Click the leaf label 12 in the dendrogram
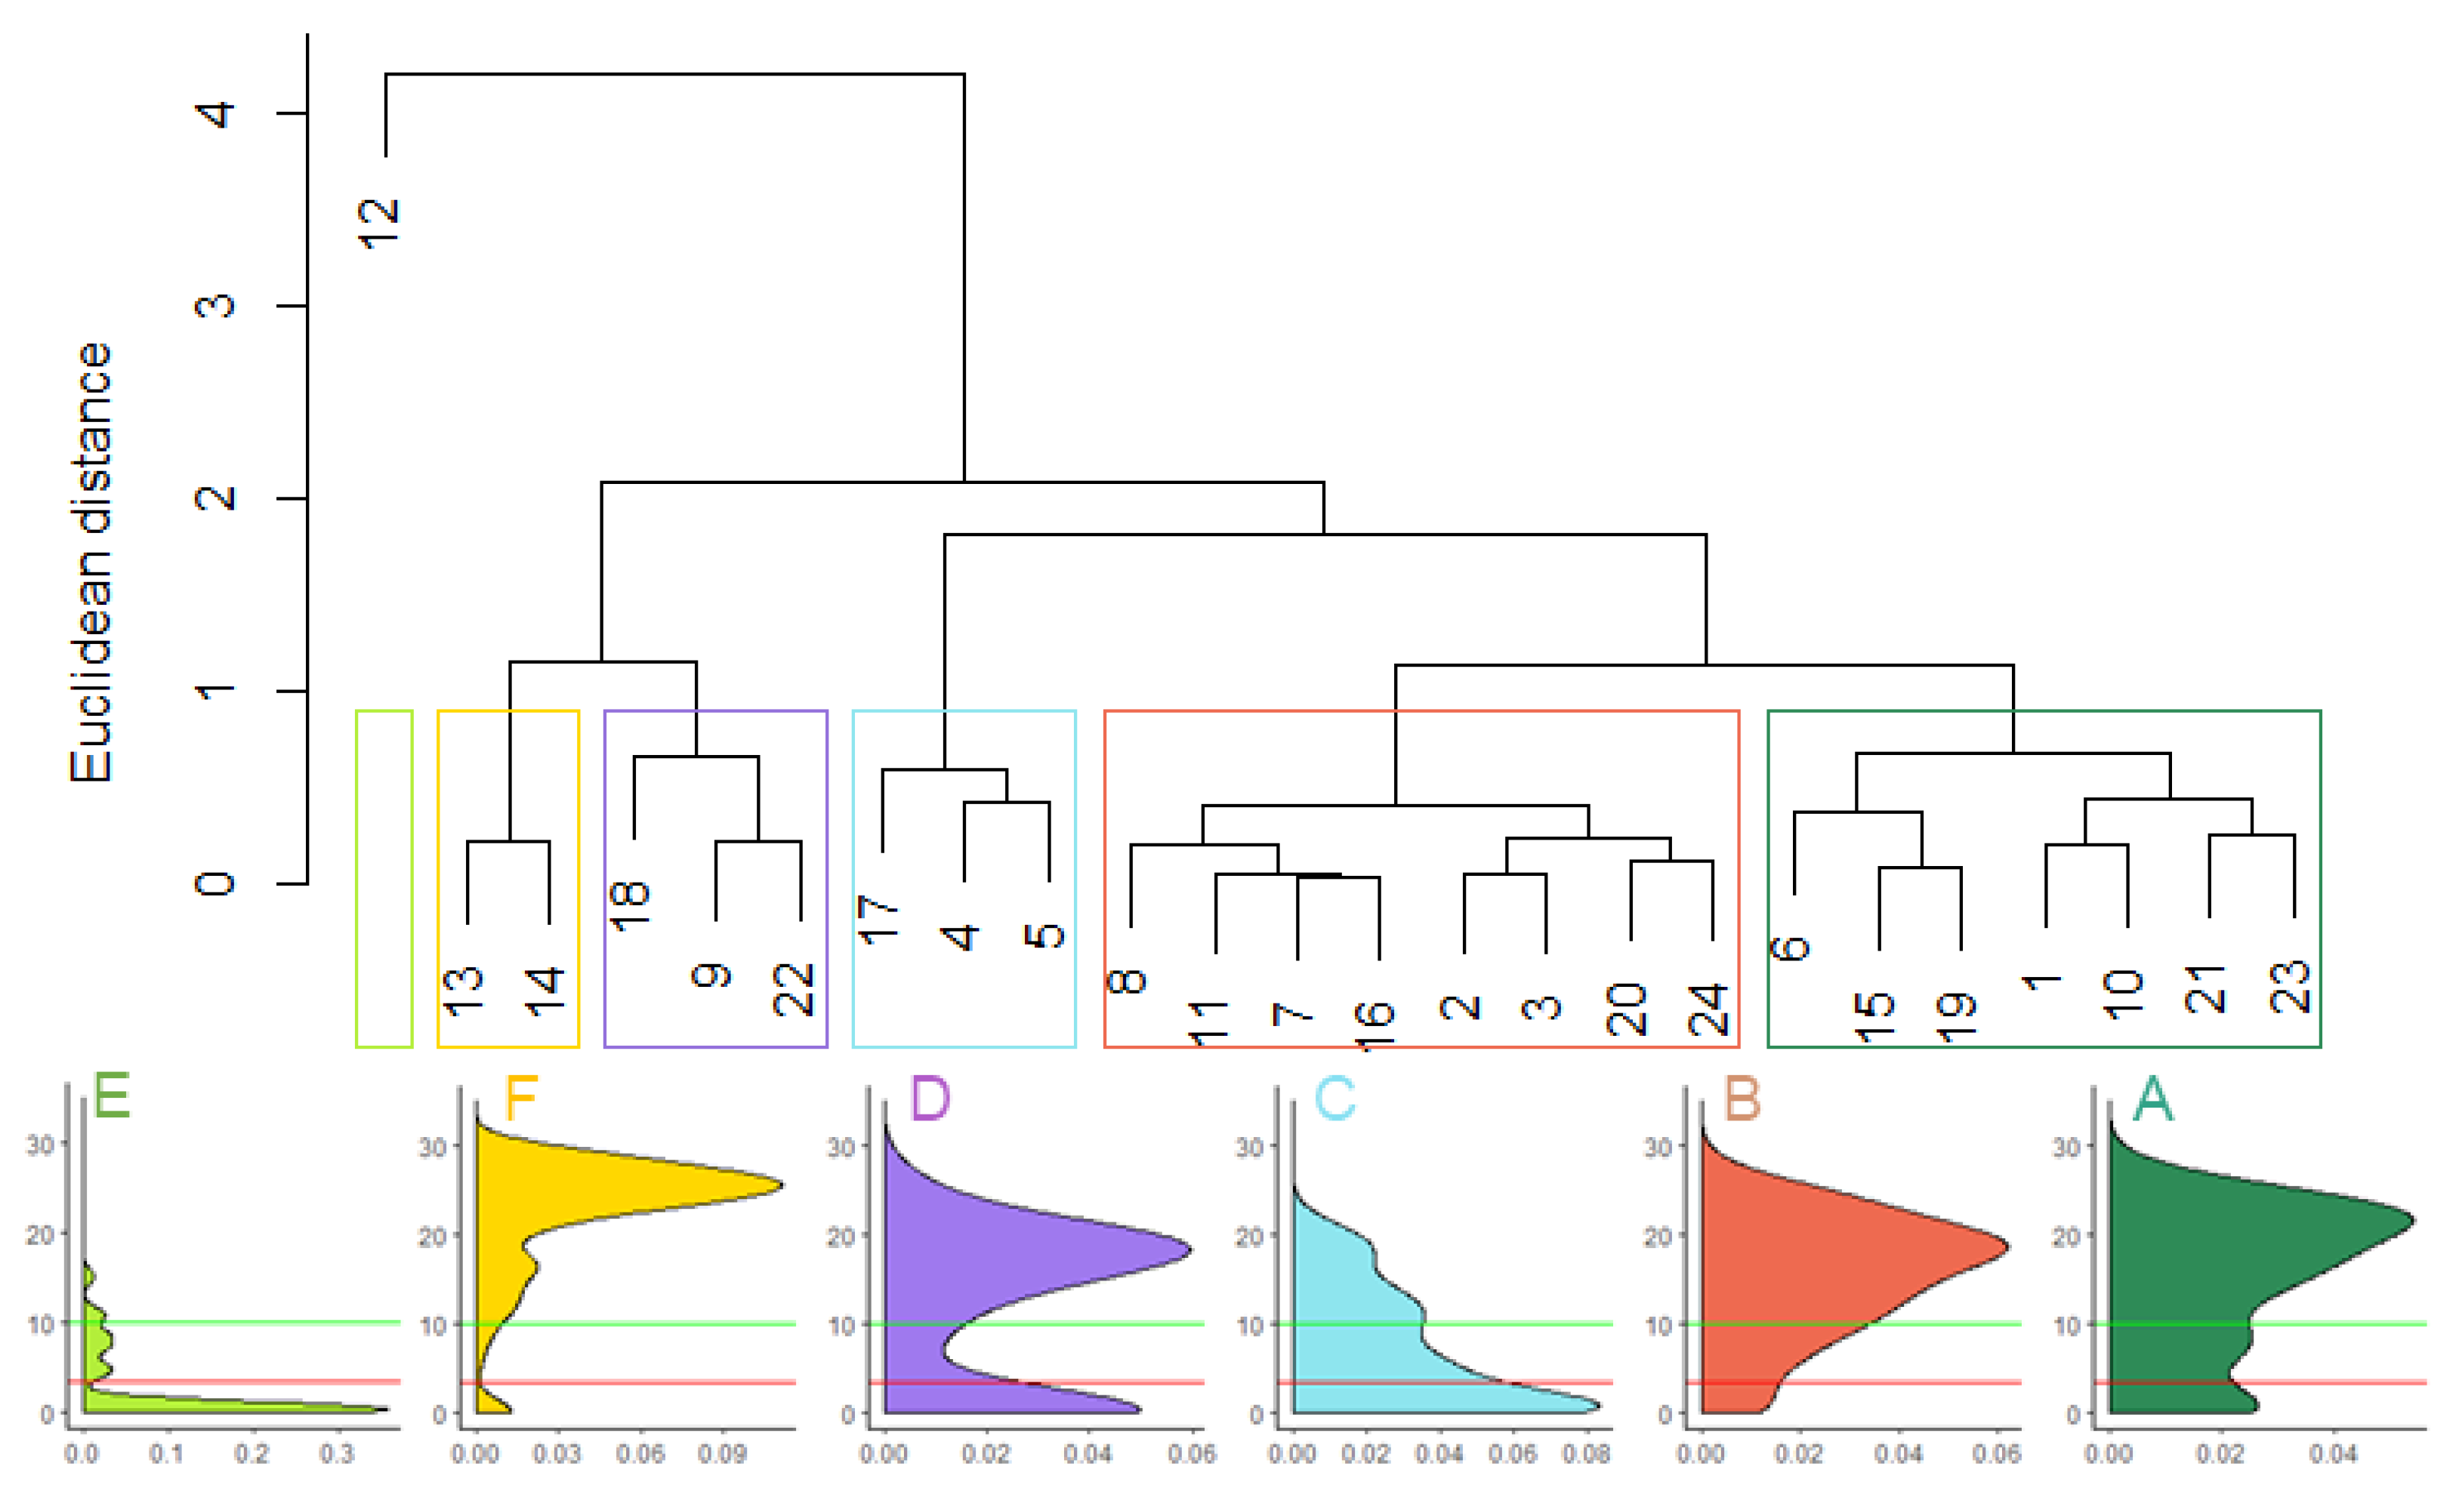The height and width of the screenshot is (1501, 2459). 378,223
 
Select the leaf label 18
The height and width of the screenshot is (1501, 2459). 630,906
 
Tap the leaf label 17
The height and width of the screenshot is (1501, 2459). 878,919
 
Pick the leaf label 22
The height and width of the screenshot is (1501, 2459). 794,989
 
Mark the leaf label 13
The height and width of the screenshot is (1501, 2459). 463,991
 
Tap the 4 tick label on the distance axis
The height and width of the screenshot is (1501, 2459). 215,114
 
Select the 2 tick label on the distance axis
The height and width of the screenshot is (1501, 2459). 215,498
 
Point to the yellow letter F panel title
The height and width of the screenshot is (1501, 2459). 521,1099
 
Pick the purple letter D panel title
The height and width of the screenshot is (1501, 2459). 930,1099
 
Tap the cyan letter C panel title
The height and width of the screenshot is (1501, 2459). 1334,1099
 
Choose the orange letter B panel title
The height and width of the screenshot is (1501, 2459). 1742,1099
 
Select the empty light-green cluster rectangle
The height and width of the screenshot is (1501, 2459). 384,878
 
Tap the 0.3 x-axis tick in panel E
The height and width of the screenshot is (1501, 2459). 338,1454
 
